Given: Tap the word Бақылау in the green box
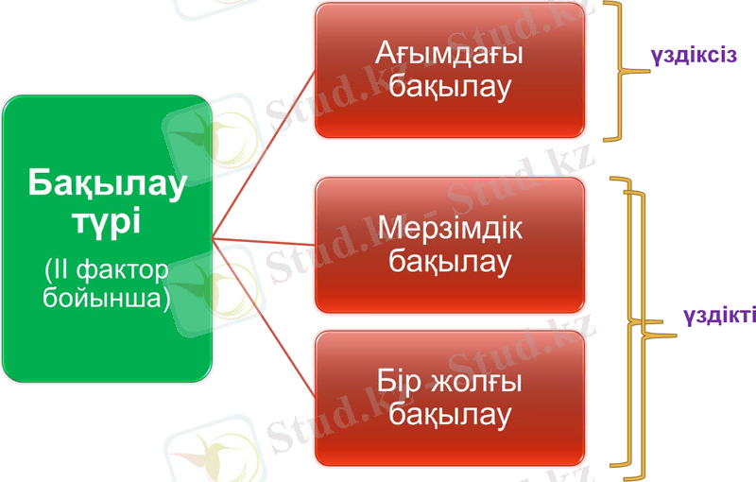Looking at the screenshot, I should point(106,183).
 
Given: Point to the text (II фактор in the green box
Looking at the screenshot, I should point(106,270).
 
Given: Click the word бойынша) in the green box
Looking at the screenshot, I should point(106,298).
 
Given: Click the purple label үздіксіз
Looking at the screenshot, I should point(692,55).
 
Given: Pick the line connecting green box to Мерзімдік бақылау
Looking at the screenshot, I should point(265,248).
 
